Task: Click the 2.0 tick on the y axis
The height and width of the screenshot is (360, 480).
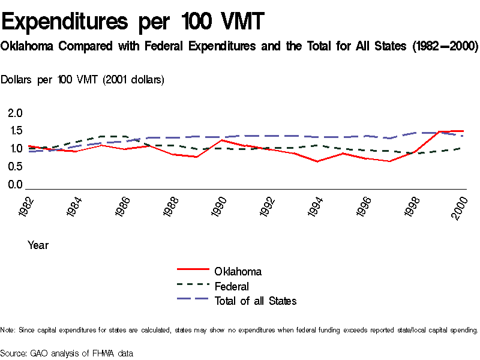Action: [x=15, y=113]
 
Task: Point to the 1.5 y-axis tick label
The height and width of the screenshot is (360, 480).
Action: [x=15, y=131]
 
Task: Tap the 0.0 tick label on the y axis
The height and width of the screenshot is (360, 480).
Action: [x=15, y=185]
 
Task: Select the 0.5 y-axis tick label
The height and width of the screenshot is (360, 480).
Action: [x=15, y=167]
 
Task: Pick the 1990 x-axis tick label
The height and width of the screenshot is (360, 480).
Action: [x=220, y=207]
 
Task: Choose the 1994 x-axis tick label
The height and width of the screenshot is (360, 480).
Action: [x=317, y=207]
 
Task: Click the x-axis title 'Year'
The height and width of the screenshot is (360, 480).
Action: [x=38, y=245]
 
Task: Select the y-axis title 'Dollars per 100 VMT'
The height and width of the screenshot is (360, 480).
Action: [x=83, y=80]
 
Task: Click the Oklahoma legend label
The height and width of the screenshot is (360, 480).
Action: [x=238, y=272]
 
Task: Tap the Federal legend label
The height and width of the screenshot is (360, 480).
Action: [x=232, y=287]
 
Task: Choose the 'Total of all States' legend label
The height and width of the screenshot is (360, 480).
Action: [x=256, y=301]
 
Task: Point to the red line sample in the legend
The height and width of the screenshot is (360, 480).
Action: [x=192, y=271]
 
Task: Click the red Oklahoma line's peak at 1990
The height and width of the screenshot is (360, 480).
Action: [x=222, y=140]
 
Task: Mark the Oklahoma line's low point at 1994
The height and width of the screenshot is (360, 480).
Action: [x=317, y=161]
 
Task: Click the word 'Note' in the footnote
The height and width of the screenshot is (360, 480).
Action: [x=7, y=330]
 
